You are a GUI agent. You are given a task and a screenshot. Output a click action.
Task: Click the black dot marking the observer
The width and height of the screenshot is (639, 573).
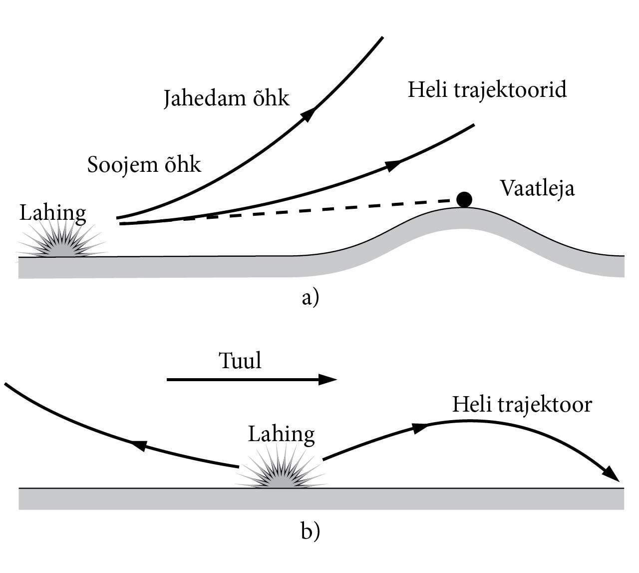click(464, 199)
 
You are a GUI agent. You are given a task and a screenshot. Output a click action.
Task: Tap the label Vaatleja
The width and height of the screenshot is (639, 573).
click(537, 188)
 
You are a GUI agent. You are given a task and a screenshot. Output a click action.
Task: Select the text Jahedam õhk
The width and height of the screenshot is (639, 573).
click(226, 98)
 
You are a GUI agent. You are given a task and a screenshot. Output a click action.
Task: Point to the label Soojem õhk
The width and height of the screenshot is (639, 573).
click(144, 164)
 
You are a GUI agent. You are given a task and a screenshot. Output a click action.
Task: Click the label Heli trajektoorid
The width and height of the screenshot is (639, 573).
click(487, 90)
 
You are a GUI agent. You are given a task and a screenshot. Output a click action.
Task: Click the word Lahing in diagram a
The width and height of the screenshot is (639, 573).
click(52, 213)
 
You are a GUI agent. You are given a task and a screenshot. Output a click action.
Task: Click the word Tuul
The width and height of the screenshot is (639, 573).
click(240, 360)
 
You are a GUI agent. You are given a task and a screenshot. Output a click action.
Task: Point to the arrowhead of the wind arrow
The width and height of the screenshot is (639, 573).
click(327, 380)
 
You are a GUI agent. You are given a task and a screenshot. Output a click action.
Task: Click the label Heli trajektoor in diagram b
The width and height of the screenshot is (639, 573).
click(522, 404)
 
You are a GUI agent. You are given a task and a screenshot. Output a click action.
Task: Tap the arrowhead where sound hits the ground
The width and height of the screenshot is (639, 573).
click(611, 474)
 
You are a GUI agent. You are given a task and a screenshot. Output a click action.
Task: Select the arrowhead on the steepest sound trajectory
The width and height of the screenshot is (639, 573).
click(308, 115)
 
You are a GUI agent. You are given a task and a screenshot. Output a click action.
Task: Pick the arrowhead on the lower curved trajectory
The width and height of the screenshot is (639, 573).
click(394, 165)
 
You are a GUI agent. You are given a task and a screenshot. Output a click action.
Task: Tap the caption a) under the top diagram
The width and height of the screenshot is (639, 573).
click(310, 298)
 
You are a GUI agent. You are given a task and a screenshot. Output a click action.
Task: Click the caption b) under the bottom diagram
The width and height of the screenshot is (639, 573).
click(310, 532)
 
